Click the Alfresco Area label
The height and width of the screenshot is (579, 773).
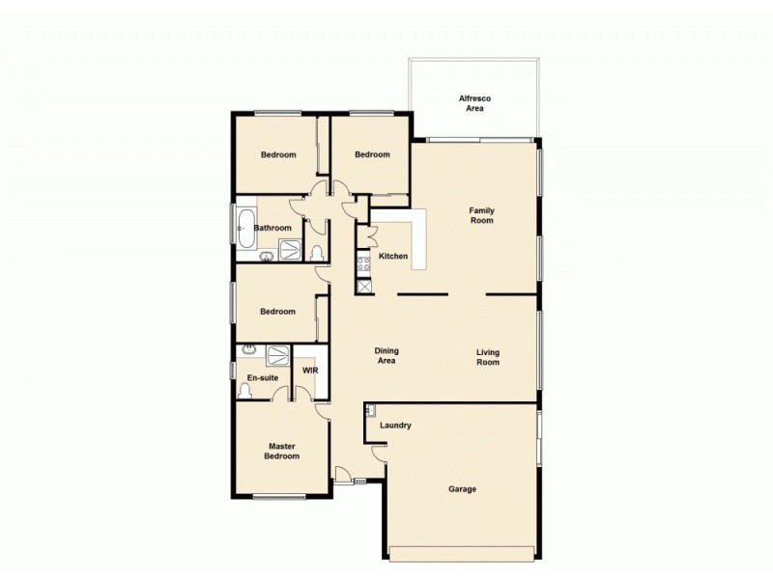coord(473,103)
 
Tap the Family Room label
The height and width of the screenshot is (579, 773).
coord(481,214)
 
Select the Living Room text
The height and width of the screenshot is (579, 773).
coord(487,357)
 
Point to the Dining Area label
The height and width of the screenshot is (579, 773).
coord(386,356)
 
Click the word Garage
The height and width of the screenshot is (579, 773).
coord(462,489)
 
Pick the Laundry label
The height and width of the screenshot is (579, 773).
coord(396,425)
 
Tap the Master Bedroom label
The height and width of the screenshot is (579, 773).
coord(281,451)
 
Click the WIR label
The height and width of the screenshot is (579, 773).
coord(310,371)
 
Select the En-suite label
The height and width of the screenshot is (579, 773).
coord(263,377)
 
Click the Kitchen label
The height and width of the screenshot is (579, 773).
coord(392,256)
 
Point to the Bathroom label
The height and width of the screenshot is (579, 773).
coord(272,228)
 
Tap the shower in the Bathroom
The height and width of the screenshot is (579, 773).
coord(290,251)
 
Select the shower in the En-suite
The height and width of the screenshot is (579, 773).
coord(277,354)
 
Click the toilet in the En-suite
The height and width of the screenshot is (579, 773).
coord(245,391)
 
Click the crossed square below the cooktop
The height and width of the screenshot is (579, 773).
coord(364,286)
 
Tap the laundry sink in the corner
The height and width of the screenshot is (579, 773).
coord(370,411)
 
